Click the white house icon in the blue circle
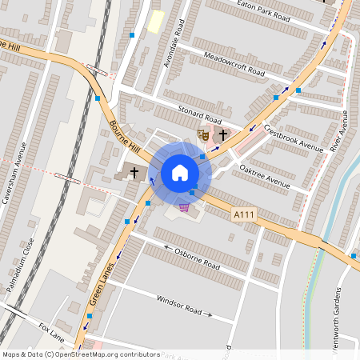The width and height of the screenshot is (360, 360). (x=179, y=173)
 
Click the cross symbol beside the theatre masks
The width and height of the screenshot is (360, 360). (x=224, y=135)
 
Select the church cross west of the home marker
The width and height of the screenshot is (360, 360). (x=134, y=172)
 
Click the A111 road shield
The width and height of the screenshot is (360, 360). (x=244, y=214)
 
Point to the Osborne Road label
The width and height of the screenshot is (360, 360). (x=197, y=258)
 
